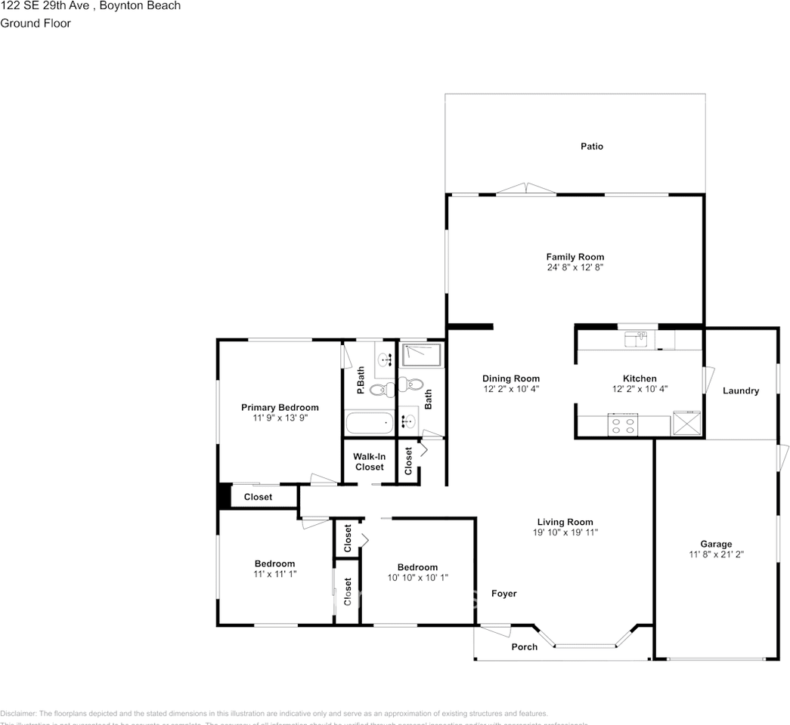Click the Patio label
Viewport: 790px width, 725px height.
coord(592,146)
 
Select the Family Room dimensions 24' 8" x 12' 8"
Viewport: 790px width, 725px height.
coord(575,267)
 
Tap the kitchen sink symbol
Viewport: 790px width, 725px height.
coord(640,339)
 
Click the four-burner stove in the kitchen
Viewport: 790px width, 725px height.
coord(622,425)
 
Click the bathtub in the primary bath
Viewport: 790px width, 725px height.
coord(369,423)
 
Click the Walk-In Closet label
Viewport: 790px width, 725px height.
coord(369,461)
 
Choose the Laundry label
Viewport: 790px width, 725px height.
coord(740,390)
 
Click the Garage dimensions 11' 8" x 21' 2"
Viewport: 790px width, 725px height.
coord(715,554)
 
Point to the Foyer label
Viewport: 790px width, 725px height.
coord(504,594)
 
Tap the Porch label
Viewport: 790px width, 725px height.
coord(525,646)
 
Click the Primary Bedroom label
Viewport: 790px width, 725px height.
coord(280,407)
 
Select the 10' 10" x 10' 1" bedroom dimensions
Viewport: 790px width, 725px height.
coord(417,578)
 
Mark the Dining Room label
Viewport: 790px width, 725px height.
coord(511,378)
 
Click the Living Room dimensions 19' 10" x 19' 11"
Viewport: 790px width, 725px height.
coord(565,532)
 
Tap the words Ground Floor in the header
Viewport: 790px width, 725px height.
coord(36,23)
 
